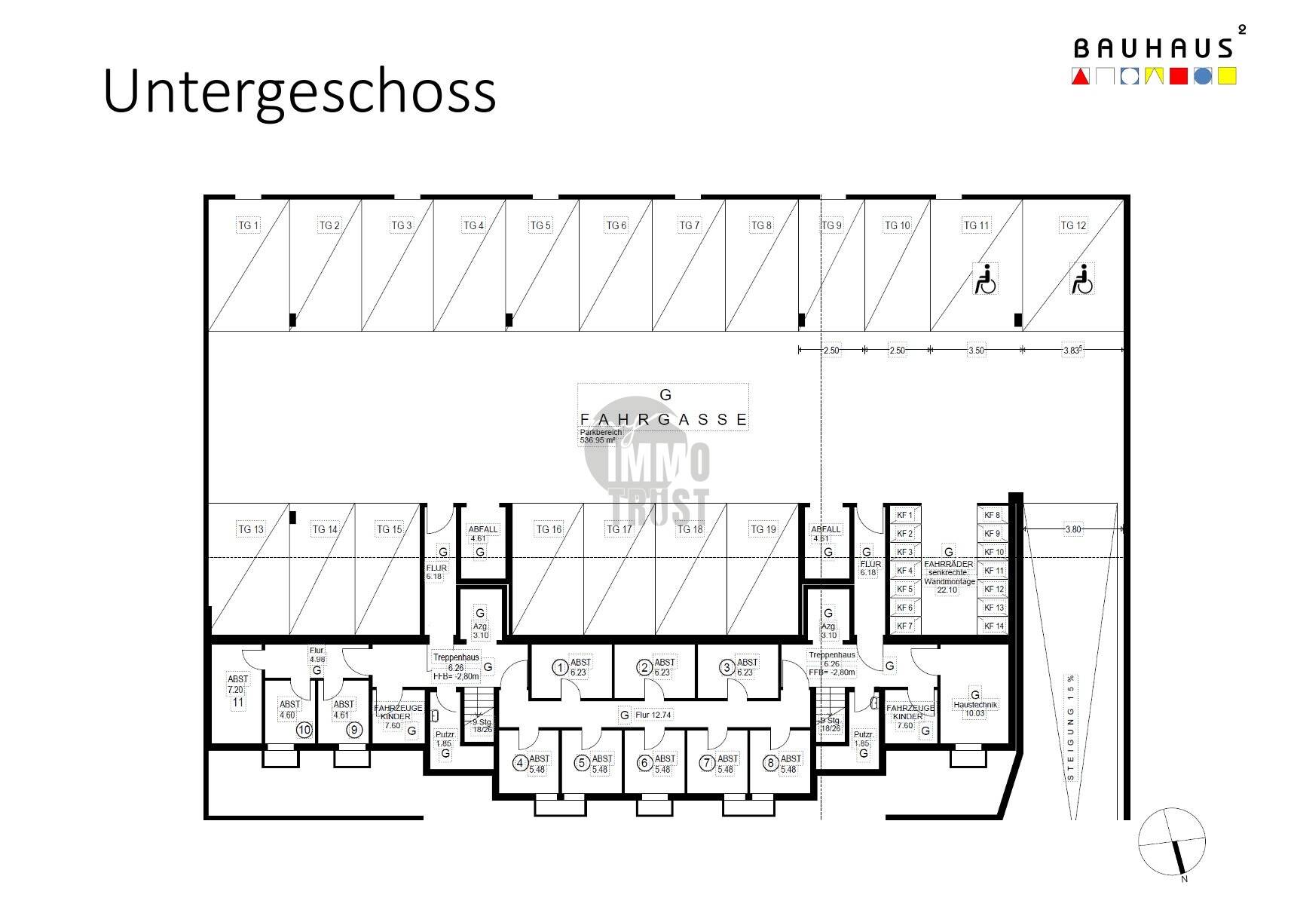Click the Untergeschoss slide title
click(x=299, y=91)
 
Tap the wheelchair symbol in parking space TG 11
click(x=986, y=279)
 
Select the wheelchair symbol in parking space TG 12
click(x=1081, y=279)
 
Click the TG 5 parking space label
click(x=540, y=225)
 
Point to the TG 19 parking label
click(x=763, y=529)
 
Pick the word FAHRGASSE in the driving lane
click(x=664, y=420)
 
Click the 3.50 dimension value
click(x=976, y=351)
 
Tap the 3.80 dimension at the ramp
click(x=1072, y=529)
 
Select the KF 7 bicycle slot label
click(x=904, y=626)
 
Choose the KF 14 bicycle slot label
click(x=994, y=626)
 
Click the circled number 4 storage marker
click(x=520, y=763)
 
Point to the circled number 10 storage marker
click(x=304, y=730)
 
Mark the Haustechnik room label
click(x=975, y=705)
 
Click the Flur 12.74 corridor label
click(x=653, y=715)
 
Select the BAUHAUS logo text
click(x=1153, y=49)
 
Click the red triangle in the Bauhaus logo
click(x=1080, y=76)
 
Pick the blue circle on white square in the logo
click(x=1129, y=76)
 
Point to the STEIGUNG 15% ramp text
click(x=1071, y=727)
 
